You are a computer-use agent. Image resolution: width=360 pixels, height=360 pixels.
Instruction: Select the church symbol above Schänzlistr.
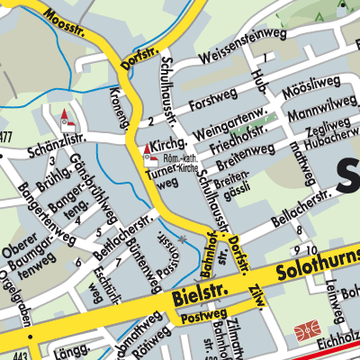point(65,119)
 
